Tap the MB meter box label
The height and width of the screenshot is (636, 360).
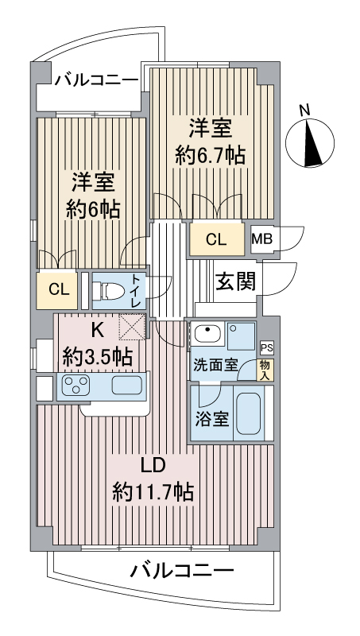[x=261, y=238]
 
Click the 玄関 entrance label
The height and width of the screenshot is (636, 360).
[x=235, y=281]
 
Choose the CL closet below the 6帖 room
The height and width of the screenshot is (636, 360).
[x=58, y=289]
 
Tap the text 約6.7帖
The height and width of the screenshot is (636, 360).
[x=210, y=154]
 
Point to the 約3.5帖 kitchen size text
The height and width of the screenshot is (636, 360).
[x=97, y=357]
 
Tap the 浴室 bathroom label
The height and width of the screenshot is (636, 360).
[x=211, y=417]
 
